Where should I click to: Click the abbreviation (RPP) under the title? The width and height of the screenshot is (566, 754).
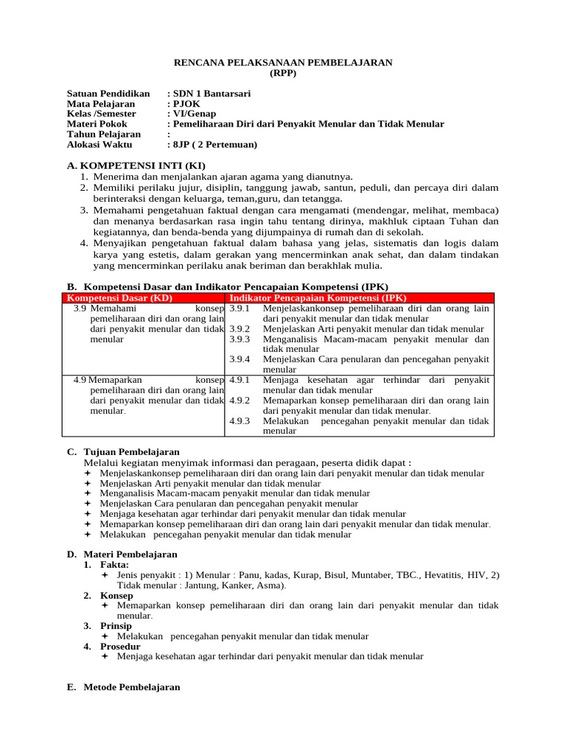coord(283,74)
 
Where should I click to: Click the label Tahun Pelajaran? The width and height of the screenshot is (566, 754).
coord(103,135)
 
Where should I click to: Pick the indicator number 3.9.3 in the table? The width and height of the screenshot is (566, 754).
coord(240,339)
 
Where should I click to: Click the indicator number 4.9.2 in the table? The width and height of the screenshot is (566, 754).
coord(240,401)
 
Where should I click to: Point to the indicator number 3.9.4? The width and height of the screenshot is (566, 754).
coord(240,359)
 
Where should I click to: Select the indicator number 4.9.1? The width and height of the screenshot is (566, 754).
coord(240,380)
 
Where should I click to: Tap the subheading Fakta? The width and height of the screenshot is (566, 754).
coord(115,564)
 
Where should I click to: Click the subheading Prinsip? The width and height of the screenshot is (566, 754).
coord(116,626)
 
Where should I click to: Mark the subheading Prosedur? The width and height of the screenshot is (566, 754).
coord(119,646)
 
